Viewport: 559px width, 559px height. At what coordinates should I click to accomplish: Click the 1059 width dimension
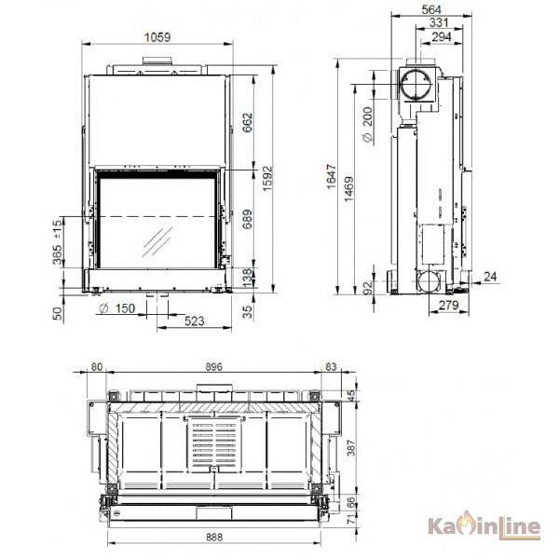(x=157, y=37)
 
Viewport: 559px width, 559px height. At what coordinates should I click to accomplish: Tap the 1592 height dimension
(x=267, y=178)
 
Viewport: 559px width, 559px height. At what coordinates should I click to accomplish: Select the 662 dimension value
(x=248, y=123)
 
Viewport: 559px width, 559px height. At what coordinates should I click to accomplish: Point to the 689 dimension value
(x=248, y=219)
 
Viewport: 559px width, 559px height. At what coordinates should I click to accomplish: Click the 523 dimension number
(x=195, y=321)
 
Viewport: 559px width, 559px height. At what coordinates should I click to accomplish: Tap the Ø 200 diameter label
(x=368, y=125)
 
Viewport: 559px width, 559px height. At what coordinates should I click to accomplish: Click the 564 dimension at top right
(x=431, y=9)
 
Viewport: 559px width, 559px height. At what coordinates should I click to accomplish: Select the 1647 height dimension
(x=332, y=177)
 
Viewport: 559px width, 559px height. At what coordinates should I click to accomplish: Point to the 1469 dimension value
(x=349, y=189)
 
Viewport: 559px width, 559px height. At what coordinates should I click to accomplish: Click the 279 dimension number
(x=448, y=306)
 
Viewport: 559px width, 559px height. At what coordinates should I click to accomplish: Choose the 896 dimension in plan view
(x=214, y=366)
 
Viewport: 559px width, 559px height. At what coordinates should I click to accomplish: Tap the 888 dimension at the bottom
(x=214, y=537)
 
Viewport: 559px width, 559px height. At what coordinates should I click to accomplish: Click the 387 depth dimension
(x=351, y=448)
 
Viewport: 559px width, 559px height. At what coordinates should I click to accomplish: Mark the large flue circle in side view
(x=416, y=85)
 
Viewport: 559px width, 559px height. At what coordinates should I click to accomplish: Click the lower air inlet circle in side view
(x=429, y=281)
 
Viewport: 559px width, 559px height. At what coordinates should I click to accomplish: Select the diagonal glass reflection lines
(x=157, y=242)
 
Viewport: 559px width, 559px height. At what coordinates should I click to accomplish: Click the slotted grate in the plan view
(x=214, y=444)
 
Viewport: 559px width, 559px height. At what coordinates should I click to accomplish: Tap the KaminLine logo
(x=484, y=526)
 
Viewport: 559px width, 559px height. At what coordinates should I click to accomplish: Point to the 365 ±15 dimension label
(x=58, y=242)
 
